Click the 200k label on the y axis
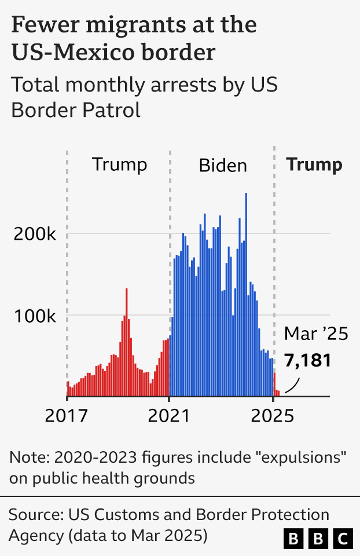(x=35, y=235)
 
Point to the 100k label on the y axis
(x=35, y=316)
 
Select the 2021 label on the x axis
(x=168, y=416)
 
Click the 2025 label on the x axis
(x=272, y=416)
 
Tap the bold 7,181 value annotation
(x=307, y=360)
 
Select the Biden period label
(x=223, y=166)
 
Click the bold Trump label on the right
(x=314, y=164)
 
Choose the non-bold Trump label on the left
(x=120, y=164)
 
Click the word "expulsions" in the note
(x=303, y=458)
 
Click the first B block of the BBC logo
(x=294, y=539)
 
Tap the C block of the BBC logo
(x=344, y=539)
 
